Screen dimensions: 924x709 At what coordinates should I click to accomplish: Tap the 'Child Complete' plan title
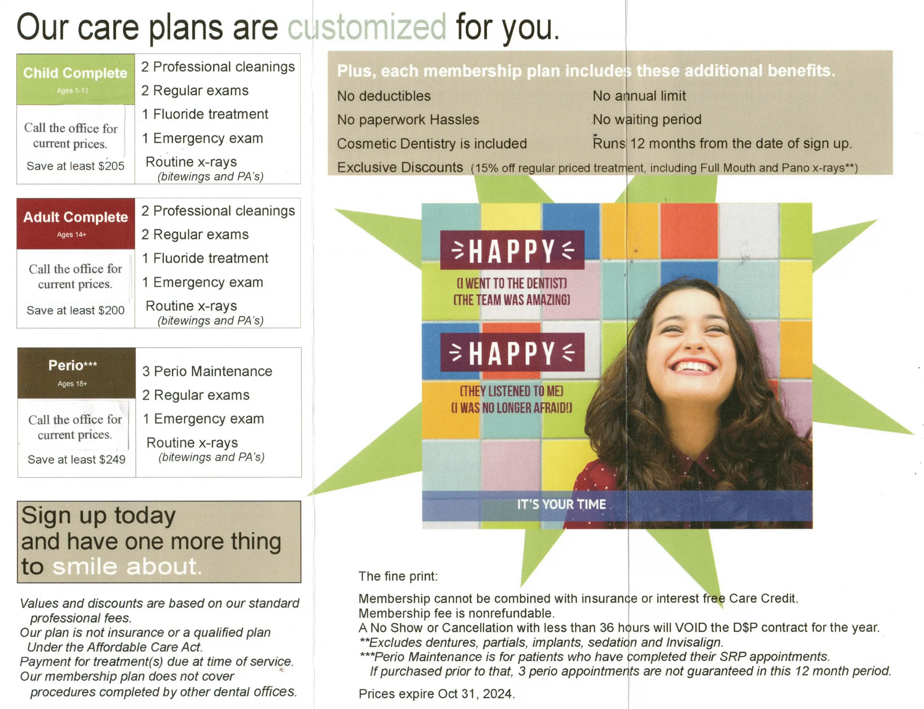[x=75, y=73]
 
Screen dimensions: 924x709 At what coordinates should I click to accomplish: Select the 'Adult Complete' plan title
[x=75, y=217]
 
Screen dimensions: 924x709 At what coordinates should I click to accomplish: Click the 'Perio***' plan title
[x=73, y=365]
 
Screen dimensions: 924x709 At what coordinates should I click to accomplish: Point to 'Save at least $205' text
[x=75, y=166]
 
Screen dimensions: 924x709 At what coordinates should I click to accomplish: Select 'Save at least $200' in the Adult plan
[x=75, y=310]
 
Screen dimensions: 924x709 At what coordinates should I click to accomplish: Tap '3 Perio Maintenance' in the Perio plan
[x=207, y=371]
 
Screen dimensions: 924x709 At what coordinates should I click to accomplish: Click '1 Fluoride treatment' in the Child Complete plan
[x=205, y=114]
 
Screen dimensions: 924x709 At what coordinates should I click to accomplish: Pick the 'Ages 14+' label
[x=72, y=234]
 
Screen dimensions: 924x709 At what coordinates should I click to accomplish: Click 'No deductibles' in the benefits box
[x=384, y=96]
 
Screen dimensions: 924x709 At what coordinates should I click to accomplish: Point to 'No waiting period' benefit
[x=647, y=119]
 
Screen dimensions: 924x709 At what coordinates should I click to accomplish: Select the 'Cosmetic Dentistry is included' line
[x=432, y=143]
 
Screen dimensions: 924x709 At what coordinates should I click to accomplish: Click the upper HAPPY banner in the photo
[x=512, y=250]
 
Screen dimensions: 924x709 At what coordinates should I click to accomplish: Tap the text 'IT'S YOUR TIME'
[x=561, y=504]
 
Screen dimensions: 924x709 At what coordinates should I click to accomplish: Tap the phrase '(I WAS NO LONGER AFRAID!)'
[x=512, y=408]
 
